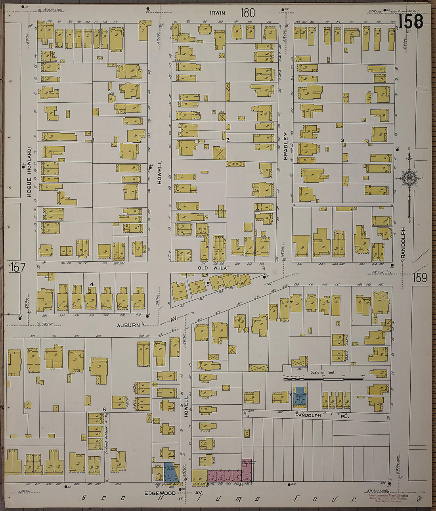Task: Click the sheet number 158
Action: (411, 21)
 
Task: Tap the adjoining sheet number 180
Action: (247, 13)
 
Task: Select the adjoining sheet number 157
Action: (17, 267)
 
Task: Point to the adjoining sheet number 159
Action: (420, 278)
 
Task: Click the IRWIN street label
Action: (218, 13)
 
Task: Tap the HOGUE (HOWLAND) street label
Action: (29, 172)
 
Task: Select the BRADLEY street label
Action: (285, 146)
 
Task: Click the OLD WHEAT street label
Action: (214, 268)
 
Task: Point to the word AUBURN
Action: (128, 325)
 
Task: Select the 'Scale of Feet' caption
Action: (323, 372)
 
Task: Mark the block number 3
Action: (342, 140)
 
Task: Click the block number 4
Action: (92, 284)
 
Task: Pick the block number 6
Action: (104, 409)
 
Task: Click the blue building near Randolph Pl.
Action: (299, 398)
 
